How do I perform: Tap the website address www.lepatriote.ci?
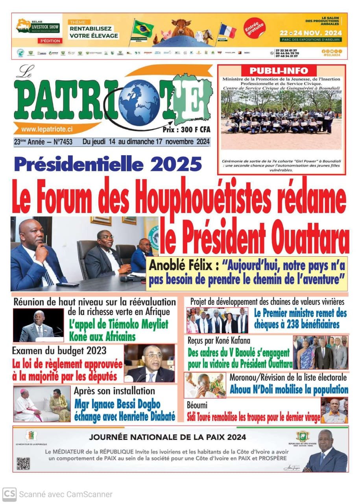47,129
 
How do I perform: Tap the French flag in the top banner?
228,31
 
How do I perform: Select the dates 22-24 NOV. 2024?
311,33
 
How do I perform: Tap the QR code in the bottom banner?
23,463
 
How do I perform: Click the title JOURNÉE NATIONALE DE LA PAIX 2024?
168,437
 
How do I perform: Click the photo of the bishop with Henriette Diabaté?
42,404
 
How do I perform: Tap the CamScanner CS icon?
9,494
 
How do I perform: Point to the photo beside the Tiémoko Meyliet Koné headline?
38,325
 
